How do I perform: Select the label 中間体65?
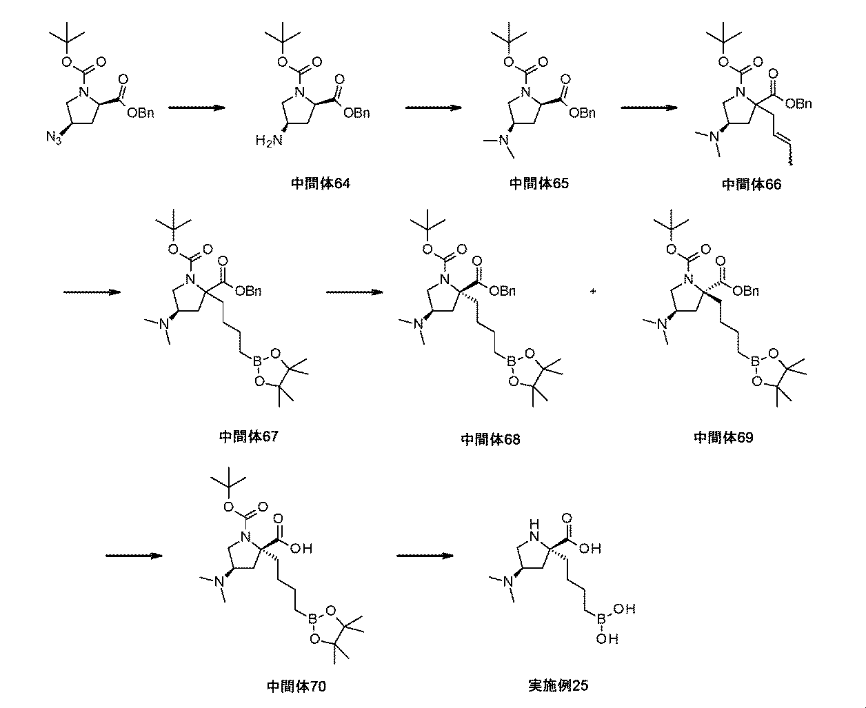[538, 183]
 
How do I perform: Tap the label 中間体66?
[751, 184]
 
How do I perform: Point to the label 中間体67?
[249, 436]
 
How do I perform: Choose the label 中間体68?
[490, 439]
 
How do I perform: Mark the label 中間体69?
[723, 437]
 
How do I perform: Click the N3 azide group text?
[54, 138]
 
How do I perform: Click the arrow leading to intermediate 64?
[197, 108]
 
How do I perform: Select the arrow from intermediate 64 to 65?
[433, 108]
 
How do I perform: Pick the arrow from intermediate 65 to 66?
[647, 108]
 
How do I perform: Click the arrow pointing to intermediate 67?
[92, 292]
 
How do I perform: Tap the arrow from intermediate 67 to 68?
[354, 292]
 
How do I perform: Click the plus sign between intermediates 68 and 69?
[592, 292]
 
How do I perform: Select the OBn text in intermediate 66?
[800, 103]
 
